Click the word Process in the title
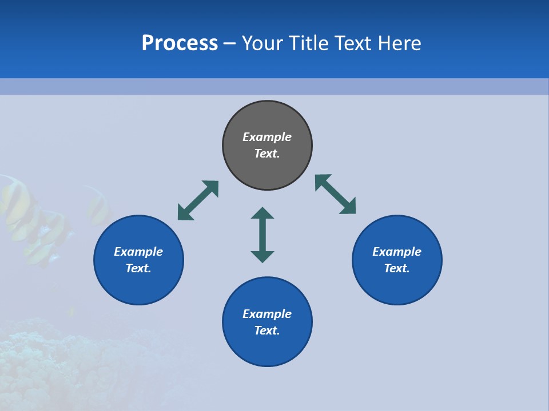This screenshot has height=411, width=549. pyautogui.click(x=180, y=43)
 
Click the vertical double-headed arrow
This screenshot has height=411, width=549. pyautogui.click(x=262, y=235)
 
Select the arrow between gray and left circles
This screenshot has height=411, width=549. pyautogui.click(x=198, y=200)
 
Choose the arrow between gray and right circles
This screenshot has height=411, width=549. pyautogui.click(x=336, y=194)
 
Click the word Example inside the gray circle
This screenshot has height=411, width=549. pyautogui.click(x=267, y=137)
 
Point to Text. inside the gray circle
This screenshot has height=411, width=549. pyautogui.click(x=267, y=154)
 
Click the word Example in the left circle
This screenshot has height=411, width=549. pyautogui.click(x=138, y=252)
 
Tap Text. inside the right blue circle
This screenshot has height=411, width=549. pyautogui.click(x=397, y=268)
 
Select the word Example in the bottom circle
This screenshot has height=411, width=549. pyautogui.click(x=267, y=314)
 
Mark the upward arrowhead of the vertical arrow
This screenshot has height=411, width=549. pyautogui.click(x=262, y=213)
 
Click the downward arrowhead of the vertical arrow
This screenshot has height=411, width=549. pyautogui.click(x=262, y=256)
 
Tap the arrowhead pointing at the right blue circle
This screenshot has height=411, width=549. pyautogui.click(x=348, y=207)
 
